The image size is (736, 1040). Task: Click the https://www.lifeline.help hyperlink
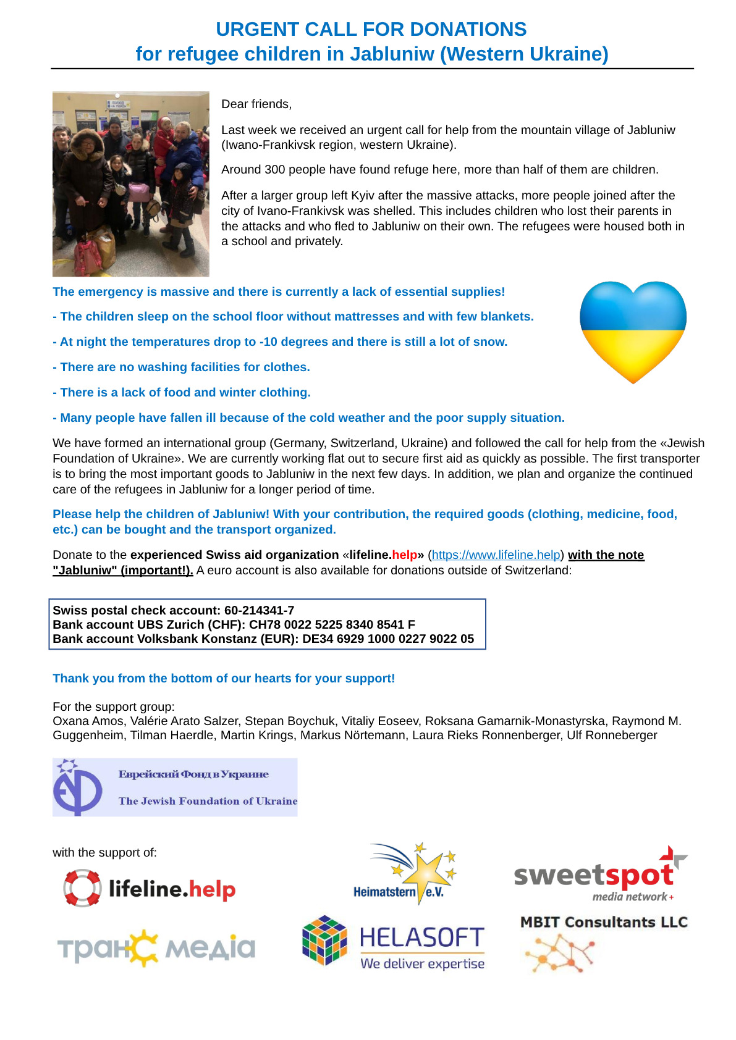pyautogui.click(x=496, y=555)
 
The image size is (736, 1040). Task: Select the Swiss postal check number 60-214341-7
pyautogui.click(x=259, y=610)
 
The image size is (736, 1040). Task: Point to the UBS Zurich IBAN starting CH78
pyautogui.click(x=332, y=624)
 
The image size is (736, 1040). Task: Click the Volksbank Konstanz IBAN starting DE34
pyautogui.click(x=388, y=639)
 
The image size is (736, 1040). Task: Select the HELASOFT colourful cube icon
pyautogui.click(x=324, y=940)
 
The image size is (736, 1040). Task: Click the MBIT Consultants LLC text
pyautogui.click(x=604, y=922)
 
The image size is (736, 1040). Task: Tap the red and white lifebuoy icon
pyautogui.click(x=82, y=888)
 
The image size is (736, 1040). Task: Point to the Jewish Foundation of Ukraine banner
pyautogui.click(x=175, y=787)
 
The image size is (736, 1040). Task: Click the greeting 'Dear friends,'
pyautogui.click(x=256, y=104)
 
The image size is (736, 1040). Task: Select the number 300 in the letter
pyautogui.click(x=274, y=170)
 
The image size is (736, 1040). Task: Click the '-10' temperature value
pyautogui.click(x=269, y=342)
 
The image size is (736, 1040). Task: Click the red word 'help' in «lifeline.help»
pyautogui.click(x=404, y=555)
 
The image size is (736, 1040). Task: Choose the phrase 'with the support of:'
pyautogui.click(x=104, y=853)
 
